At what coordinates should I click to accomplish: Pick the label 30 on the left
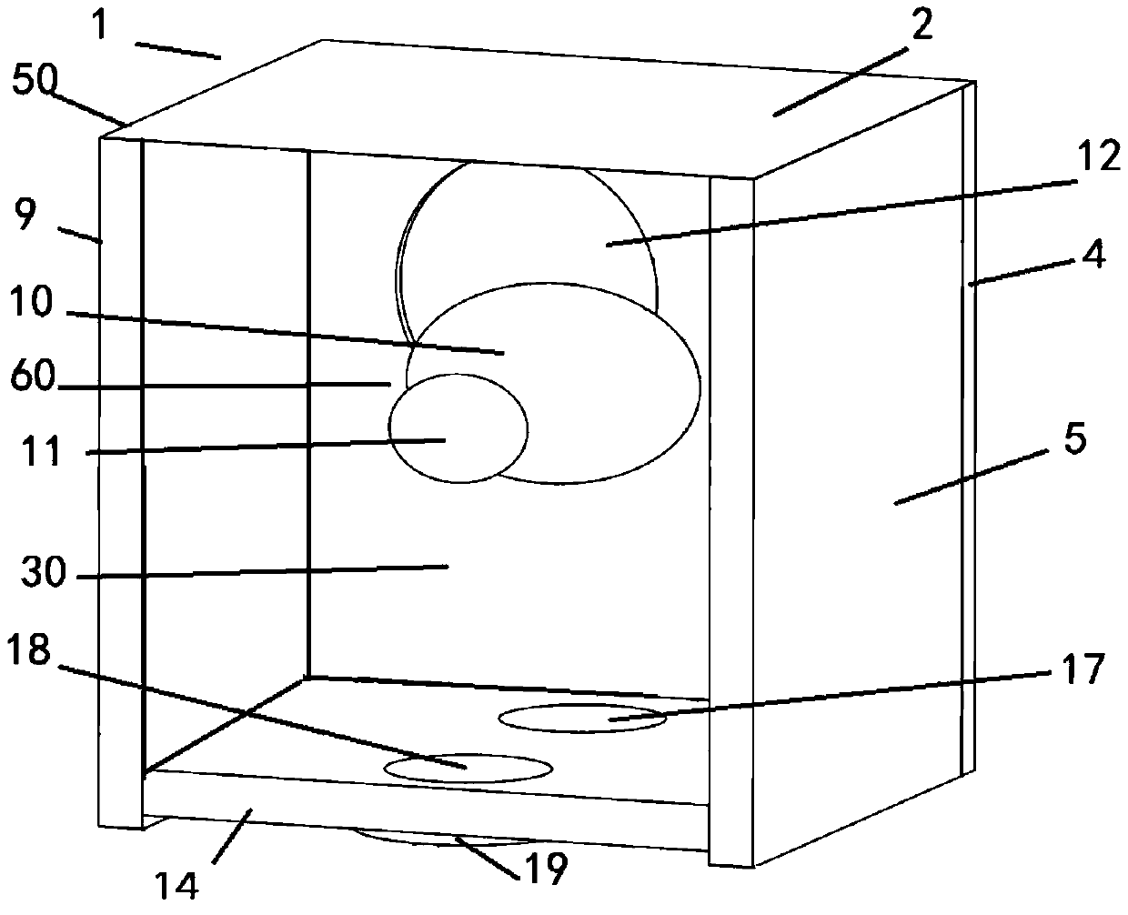45,575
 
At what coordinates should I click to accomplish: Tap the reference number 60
34,379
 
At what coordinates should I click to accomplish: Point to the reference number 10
33,302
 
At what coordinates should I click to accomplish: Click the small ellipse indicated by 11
458,427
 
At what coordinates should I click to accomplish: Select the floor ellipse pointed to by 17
582,717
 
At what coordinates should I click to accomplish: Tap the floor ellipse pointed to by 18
468,768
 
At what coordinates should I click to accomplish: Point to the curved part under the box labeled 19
428,838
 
